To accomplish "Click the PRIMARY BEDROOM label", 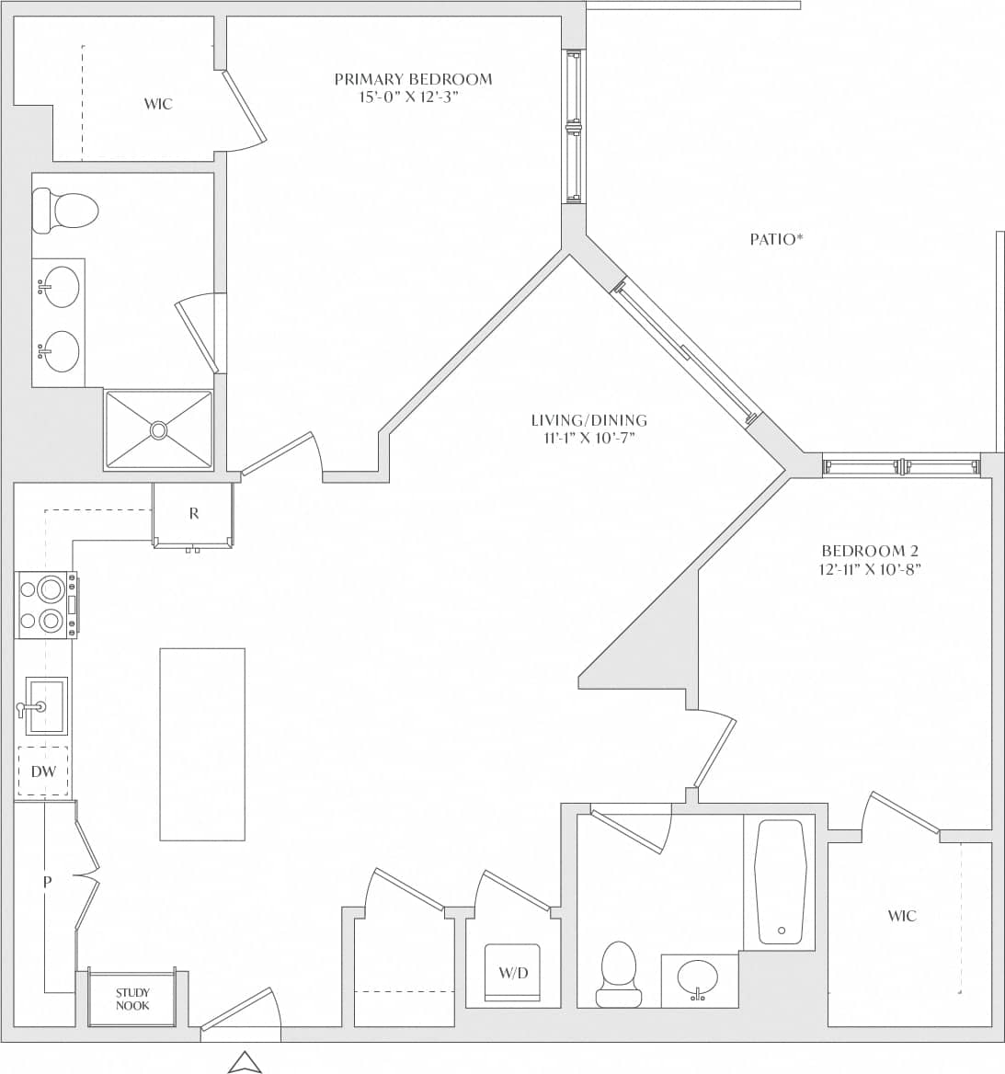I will [x=413, y=80].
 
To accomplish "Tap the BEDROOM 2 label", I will [x=870, y=551].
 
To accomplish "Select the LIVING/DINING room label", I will [x=588, y=420].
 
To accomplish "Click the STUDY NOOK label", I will [x=132, y=999].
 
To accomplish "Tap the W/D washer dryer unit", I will [x=513, y=973].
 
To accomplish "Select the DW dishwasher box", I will [x=43, y=771].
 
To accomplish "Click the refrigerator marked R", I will [x=193, y=514].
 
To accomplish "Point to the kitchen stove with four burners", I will [x=46, y=605].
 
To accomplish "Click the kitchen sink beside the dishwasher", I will [x=45, y=705].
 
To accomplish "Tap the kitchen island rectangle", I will [x=202, y=744].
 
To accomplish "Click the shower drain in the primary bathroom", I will [x=159, y=429].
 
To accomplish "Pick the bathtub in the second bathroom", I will [x=781, y=882].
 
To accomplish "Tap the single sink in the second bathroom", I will [x=699, y=978].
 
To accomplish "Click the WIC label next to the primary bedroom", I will [x=158, y=104].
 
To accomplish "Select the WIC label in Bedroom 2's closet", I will [x=902, y=916].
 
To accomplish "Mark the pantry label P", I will [x=47, y=882].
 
